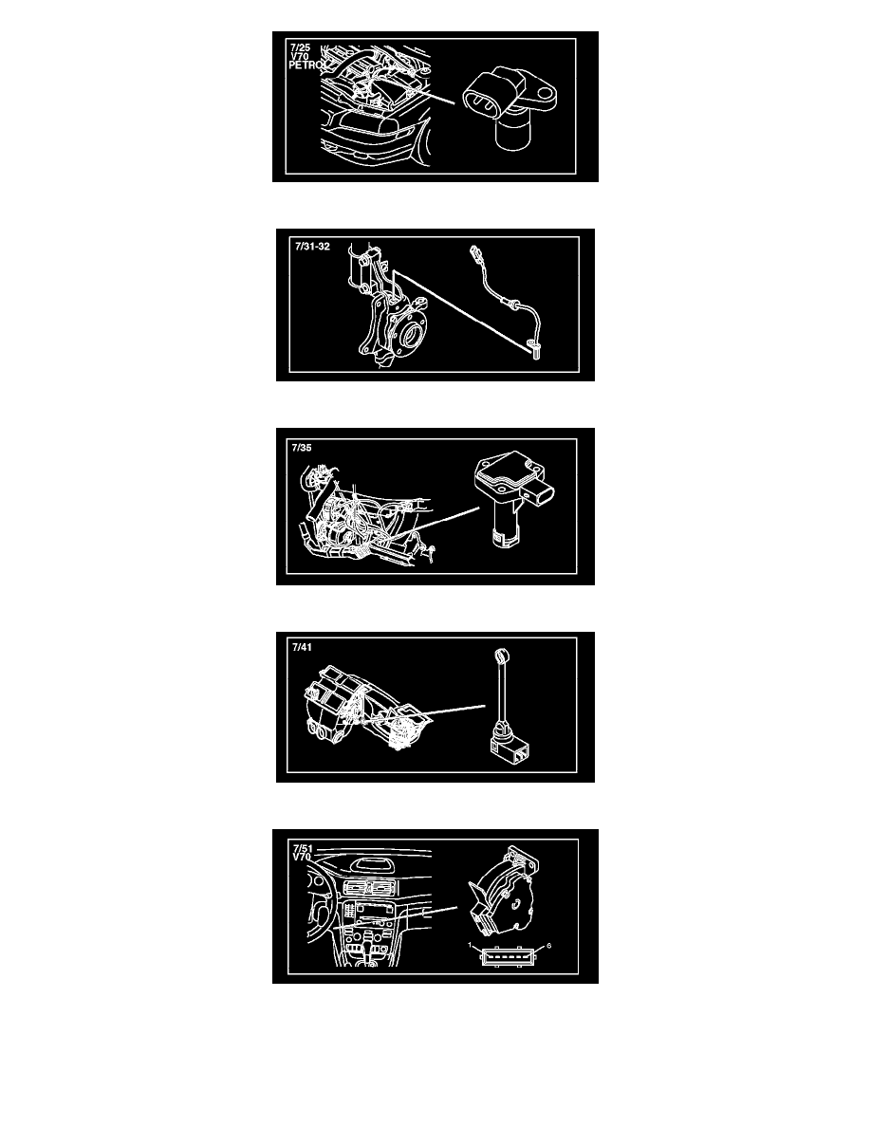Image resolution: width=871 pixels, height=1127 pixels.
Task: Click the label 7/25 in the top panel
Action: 301,47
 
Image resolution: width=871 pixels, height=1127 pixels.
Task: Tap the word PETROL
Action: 306,65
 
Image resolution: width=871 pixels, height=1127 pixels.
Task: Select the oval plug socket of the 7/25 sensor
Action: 482,103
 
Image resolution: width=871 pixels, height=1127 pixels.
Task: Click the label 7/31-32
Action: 312,246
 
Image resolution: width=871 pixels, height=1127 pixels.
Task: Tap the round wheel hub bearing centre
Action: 412,334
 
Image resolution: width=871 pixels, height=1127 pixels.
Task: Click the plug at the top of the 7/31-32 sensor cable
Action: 474,252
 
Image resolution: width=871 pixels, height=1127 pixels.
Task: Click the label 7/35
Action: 302,447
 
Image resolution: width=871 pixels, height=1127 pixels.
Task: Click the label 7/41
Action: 302,647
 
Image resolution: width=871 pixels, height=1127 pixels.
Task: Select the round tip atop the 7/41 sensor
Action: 501,654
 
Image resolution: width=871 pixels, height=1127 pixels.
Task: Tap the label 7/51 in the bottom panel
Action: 303,848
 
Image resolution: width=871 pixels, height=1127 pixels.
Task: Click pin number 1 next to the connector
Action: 470,945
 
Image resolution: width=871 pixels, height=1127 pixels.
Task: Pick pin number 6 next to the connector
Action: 549,945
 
